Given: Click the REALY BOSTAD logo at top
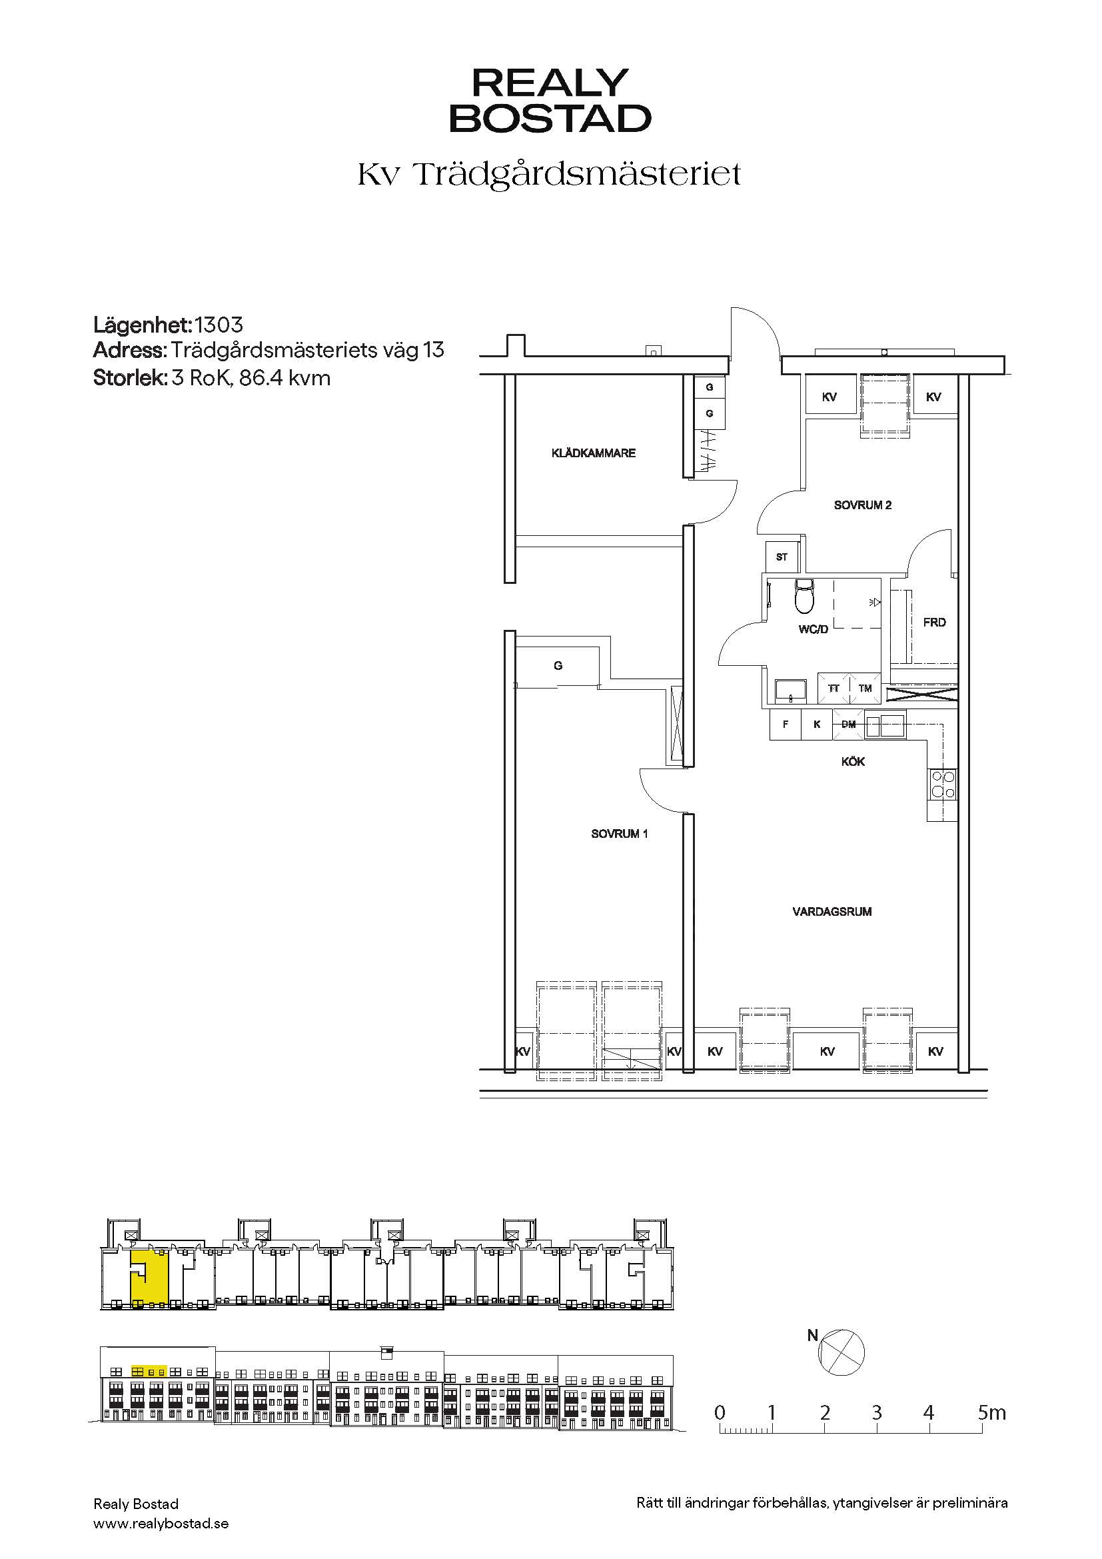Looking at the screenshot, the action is click(550, 101).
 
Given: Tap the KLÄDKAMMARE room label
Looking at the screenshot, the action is click(593, 453).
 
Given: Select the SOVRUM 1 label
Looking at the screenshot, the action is click(620, 834).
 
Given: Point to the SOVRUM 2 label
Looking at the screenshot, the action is click(862, 505).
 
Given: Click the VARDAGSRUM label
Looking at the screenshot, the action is click(832, 912).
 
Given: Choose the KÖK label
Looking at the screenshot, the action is click(853, 762).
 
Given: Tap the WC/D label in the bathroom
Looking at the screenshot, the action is click(813, 629).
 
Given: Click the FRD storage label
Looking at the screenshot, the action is click(934, 622).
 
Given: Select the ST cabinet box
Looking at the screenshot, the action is click(782, 557).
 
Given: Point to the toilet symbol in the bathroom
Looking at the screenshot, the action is click(805, 595).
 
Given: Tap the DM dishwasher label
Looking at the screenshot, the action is click(848, 725).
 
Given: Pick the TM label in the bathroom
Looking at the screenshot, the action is click(865, 689).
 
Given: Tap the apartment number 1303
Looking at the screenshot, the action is click(219, 325).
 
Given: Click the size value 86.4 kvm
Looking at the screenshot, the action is click(285, 377).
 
